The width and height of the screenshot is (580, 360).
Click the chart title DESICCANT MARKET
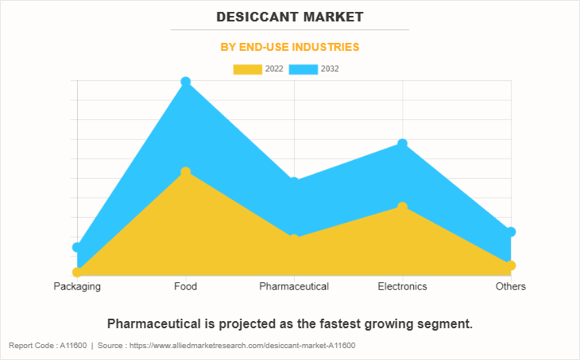click(x=289, y=16)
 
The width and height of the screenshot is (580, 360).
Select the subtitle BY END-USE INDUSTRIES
click(x=289, y=47)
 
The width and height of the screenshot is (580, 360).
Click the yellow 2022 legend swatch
click(x=247, y=69)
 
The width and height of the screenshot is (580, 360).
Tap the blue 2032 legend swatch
click(x=303, y=69)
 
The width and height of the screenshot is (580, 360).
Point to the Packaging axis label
click(x=77, y=286)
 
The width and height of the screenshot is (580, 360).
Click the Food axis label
click(x=185, y=286)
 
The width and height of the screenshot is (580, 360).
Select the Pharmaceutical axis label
click(x=294, y=286)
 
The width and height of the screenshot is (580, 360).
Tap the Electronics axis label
click(x=402, y=286)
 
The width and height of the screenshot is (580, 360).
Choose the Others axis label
click(x=511, y=286)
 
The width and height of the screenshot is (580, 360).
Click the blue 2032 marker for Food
click(x=186, y=82)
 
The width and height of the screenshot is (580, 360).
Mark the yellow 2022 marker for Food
click(x=186, y=172)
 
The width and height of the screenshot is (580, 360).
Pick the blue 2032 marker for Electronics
click(x=403, y=144)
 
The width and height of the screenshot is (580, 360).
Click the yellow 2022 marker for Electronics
click(x=403, y=207)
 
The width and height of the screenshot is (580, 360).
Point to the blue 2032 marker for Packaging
click(x=77, y=248)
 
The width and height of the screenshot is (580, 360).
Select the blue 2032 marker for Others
click(x=511, y=232)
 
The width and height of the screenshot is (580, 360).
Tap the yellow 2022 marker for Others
click(x=511, y=265)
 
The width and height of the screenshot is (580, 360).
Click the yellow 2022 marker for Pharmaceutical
click(x=294, y=238)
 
